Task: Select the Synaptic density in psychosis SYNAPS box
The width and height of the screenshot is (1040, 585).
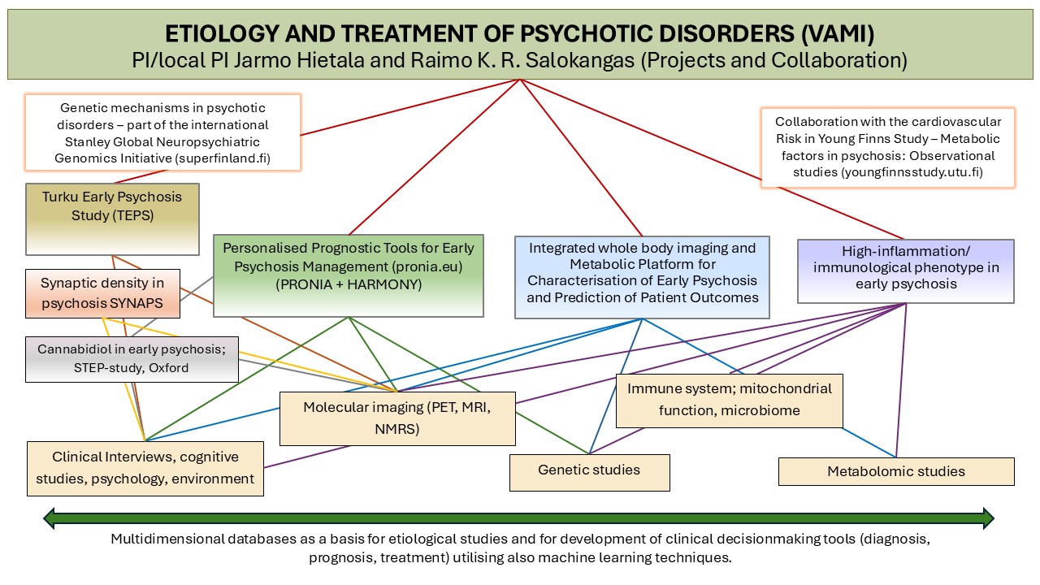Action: click(102, 292)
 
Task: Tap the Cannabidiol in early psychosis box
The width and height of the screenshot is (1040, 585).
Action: click(132, 358)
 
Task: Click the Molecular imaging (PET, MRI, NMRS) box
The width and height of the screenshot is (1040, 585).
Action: click(397, 418)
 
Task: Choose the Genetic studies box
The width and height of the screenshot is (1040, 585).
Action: click(589, 470)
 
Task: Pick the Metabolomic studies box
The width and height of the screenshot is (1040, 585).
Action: click(895, 471)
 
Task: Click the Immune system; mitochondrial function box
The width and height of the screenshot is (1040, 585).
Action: click(729, 400)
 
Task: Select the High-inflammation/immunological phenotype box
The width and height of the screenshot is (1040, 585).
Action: click(905, 270)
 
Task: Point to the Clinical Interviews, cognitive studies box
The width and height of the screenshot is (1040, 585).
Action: click(145, 468)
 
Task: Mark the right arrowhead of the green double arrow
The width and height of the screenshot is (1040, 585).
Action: click(988, 518)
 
